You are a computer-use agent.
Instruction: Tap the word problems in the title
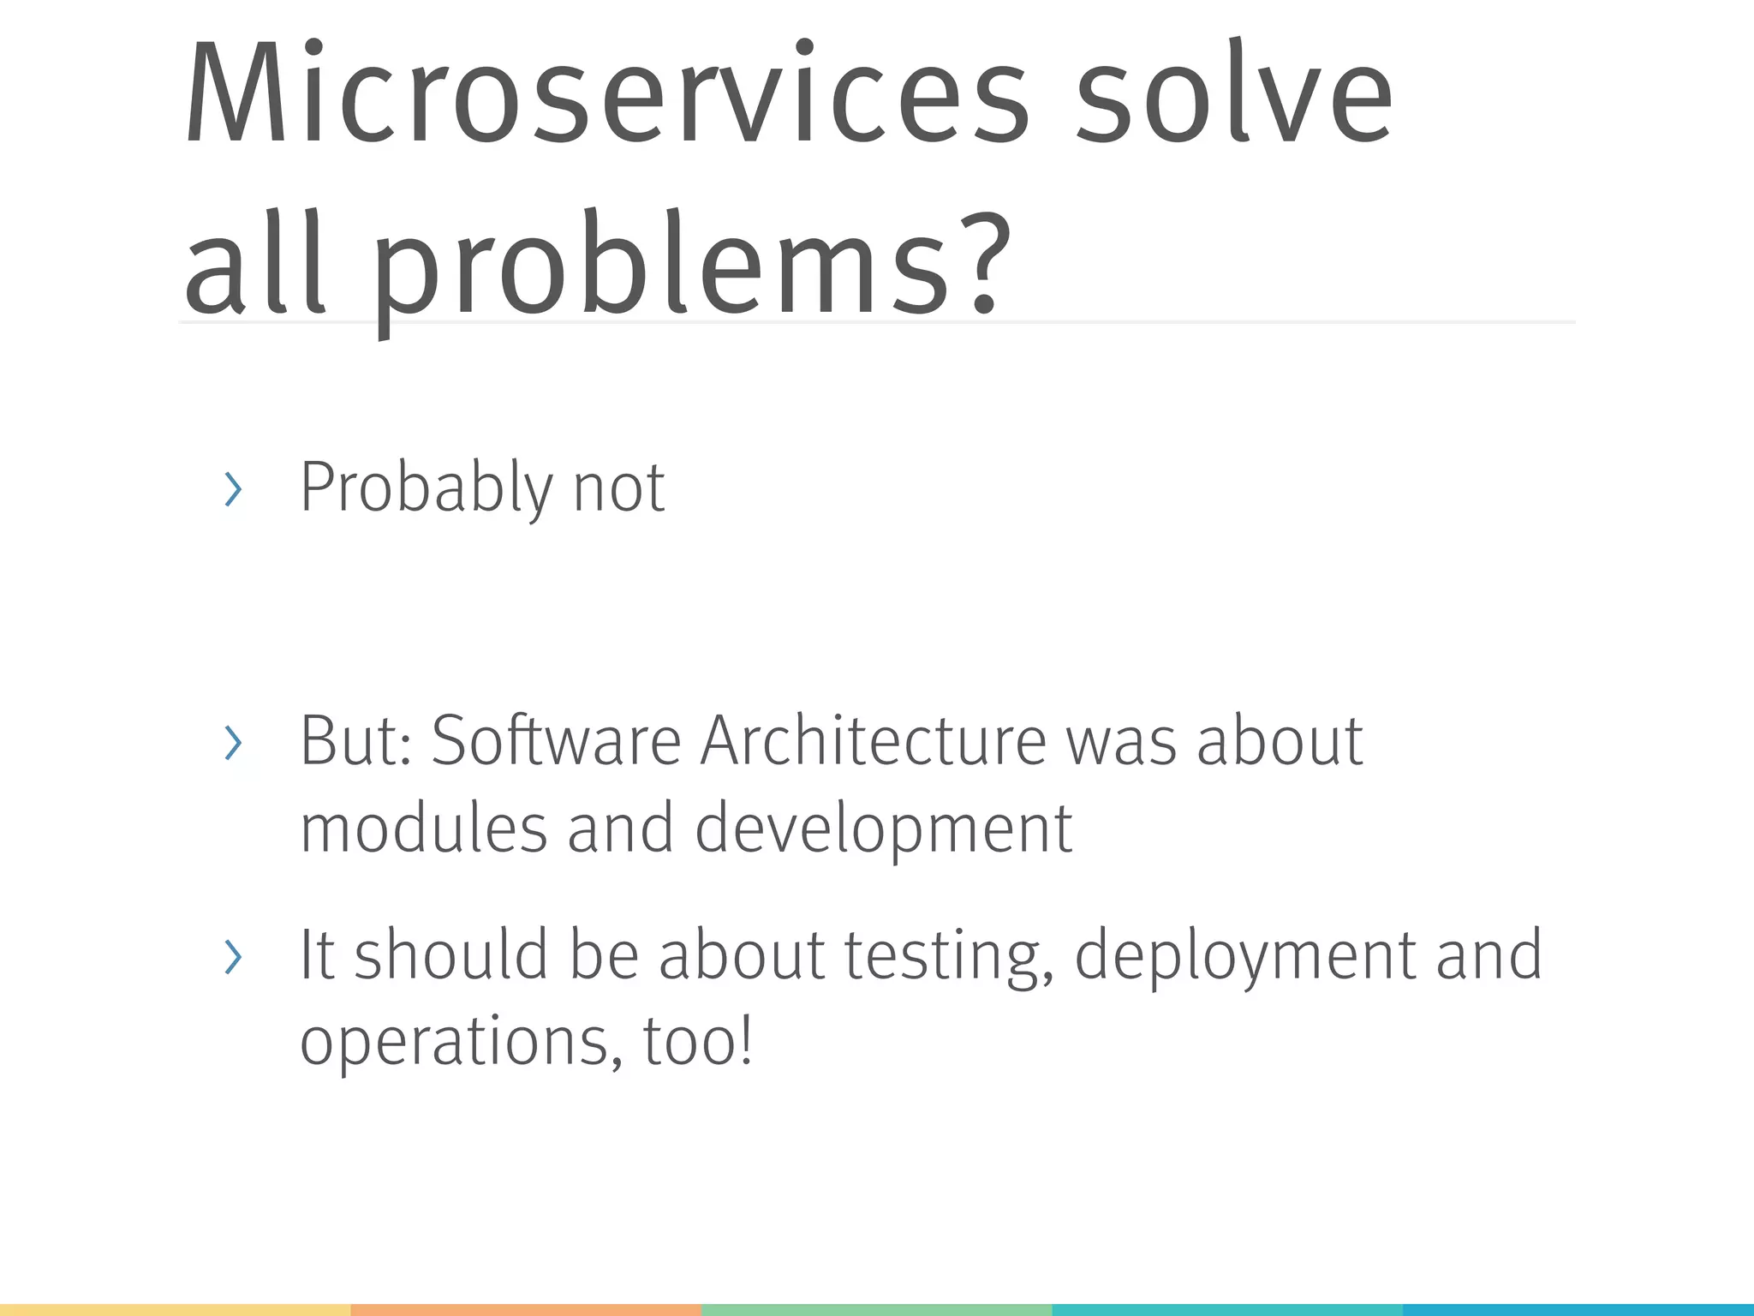coord(659,266)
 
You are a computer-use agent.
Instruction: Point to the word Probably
coord(427,488)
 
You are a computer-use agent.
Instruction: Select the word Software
coord(555,741)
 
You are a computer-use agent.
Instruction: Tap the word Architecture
coord(874,741)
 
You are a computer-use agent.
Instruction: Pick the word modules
coord(423,828)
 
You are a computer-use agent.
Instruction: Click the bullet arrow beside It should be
coord(232,956)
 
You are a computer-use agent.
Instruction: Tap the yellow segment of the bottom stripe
coord(175,1310)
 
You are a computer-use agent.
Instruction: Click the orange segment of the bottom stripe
coord(526,1310)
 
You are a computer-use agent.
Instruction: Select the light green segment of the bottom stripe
coord(876,1310)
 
